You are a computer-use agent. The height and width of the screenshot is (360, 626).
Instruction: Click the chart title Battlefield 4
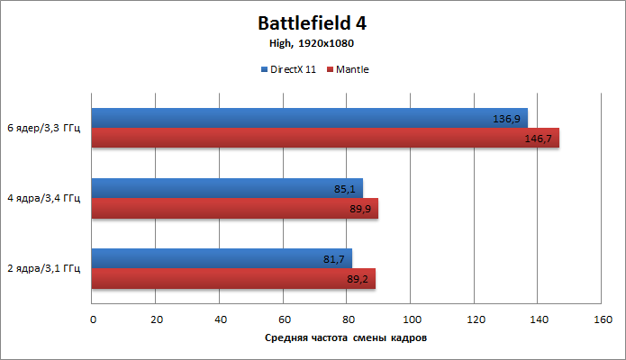click(x=312, y=22)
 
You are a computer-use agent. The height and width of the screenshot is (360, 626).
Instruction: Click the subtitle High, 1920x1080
click(x=313, y=42)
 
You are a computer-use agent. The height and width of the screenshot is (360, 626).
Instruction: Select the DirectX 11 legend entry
click(x=288, y=69)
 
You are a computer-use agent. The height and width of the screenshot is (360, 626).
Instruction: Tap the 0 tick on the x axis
click(x=92, y=319)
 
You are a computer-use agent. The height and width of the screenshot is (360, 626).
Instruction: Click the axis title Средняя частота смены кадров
click(x=346, y=338)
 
